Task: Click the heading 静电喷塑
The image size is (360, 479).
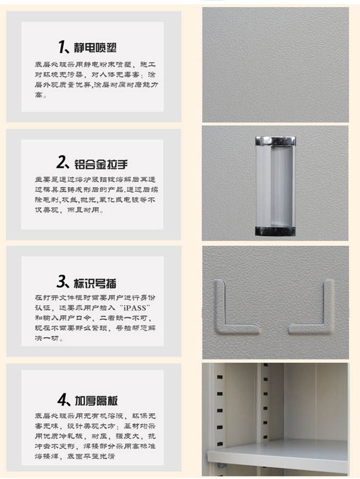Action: click(x=95, y=48)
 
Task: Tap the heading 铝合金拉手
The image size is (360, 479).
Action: click(x=101, y=164)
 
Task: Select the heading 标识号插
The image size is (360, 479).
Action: click(x=95, y=283)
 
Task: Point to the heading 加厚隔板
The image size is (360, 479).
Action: click(x=96, y=400)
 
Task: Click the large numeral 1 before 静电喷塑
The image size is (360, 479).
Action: click(x=61, y=47)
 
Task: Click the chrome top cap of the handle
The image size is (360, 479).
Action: click(x=276, y=141)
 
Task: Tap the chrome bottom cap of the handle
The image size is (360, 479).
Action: click(x=276, y=231)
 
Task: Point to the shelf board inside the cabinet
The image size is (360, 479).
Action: click(x=278, y=454)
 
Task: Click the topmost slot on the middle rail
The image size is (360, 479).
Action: click(x=265, y=365)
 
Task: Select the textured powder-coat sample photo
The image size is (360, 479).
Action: click(x=276, y=65)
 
